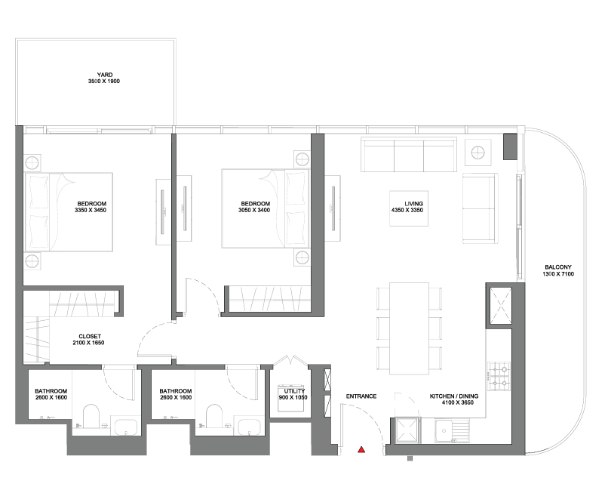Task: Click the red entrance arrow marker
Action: click(361, 450)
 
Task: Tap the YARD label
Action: click(105, 75)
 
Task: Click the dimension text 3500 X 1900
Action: click(104, 82)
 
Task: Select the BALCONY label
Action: click(558, 267)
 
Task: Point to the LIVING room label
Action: click(413, 204)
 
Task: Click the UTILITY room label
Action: click(294, 391)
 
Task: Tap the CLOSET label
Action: click(90, 337)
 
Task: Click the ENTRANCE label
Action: click(361, 396)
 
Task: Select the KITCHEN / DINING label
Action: click(454, 396)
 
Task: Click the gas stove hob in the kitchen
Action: click(499, 376)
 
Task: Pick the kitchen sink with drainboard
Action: click(452, 430)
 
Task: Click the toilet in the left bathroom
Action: click(91, 416)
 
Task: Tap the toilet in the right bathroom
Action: click(214, 416)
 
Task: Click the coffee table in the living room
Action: click(409, 208)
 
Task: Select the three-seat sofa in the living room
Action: click(409, 155)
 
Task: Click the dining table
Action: click(409, 328)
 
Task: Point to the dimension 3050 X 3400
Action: click(254, 211)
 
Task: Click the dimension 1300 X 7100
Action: click(558, 274)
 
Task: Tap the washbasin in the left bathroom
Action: click(124, 426)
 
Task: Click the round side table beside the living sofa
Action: click(477, 152)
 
